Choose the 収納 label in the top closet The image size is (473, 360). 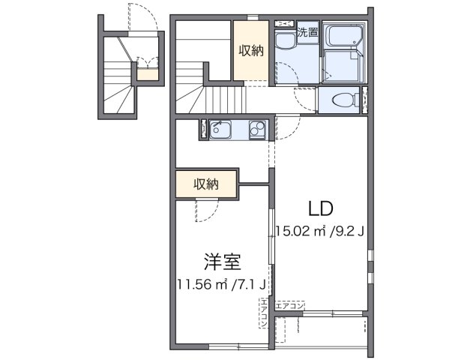[x=251, y=51]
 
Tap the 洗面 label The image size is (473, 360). [x=307, y=32]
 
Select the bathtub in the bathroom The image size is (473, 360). [x=345, y=34]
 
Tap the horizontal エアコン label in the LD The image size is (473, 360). [x=289, y=306]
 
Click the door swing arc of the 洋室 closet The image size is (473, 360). [x=202, y=212]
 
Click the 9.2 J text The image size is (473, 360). [x=349, y=231]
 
